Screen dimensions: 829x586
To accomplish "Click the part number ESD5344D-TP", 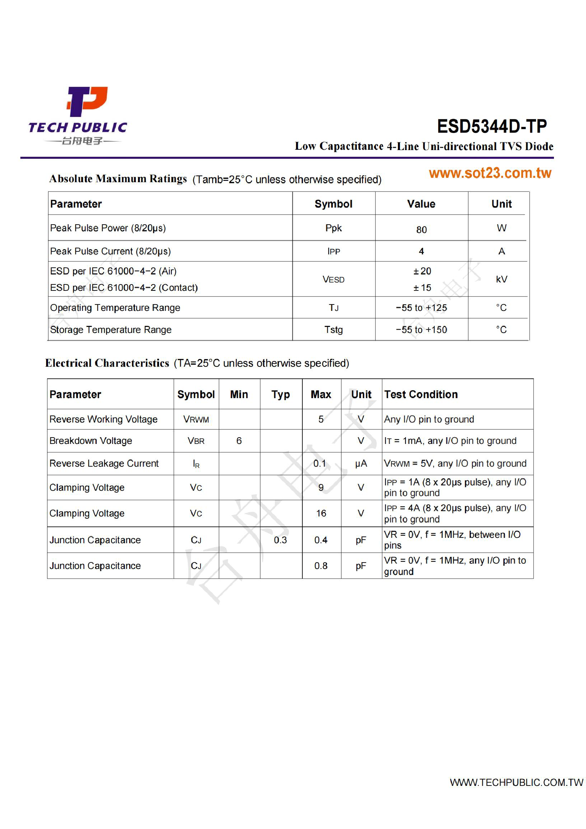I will click(491, 126).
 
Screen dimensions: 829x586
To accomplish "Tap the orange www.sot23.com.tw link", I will click(490, 173).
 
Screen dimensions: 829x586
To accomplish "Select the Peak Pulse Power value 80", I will click(421, 230).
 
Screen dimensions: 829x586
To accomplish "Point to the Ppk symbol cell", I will click(333, 228).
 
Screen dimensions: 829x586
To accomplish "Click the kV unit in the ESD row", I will click(501, 279).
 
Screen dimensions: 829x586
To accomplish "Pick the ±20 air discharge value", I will click(422, 271).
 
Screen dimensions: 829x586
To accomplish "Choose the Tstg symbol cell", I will click(333, 330).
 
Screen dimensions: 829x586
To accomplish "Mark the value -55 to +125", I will click(421, 308).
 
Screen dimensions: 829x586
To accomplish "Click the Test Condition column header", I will click(421, 394).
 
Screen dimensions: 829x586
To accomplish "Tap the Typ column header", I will click(280, 395).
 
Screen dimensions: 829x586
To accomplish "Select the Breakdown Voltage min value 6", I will click(239, 441).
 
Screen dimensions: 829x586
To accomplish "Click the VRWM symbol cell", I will click(196, 419).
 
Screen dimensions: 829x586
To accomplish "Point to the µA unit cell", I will click(361, 463).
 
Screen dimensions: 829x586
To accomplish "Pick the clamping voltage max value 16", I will click(321, 513).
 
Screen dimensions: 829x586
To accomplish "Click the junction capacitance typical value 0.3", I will click(280, 540).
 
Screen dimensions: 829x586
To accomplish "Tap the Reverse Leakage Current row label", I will click(104, 463).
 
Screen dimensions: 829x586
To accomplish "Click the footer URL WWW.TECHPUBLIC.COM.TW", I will click(516, 783).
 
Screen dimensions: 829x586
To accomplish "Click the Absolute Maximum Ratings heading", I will click(118, 179).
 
